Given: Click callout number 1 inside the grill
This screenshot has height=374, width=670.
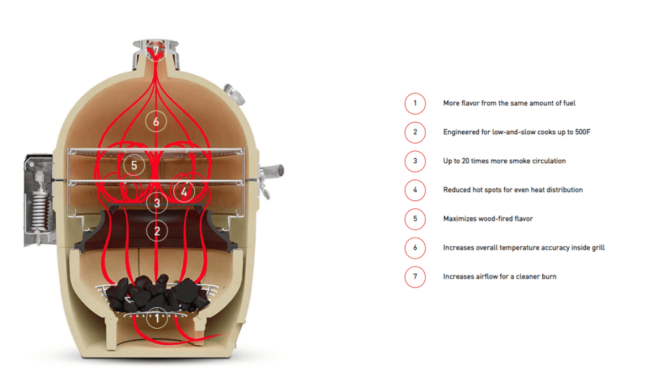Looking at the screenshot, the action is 157,318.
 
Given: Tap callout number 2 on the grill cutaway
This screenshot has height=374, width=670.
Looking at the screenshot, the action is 157,231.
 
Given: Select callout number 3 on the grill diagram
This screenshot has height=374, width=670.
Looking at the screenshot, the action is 157,203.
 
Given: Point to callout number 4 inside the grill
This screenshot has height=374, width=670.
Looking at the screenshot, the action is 184,192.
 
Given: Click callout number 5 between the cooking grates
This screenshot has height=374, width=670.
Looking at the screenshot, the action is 133,165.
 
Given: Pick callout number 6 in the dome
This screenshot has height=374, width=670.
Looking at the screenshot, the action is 156,122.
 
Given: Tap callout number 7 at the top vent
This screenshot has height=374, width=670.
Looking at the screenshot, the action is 156,50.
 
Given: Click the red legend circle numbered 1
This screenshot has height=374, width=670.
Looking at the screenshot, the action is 415,103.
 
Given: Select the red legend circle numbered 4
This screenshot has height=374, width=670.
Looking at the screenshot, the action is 415,190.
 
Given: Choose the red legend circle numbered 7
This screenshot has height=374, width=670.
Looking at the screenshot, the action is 415,276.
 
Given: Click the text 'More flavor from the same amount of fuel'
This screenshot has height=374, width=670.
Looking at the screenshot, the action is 509,103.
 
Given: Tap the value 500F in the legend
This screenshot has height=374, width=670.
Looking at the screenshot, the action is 582,132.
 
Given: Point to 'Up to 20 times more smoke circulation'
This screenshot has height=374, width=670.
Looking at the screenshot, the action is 504,161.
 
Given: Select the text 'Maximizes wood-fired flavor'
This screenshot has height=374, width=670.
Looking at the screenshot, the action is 487,219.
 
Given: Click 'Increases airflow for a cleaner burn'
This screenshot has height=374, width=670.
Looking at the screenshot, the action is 499,276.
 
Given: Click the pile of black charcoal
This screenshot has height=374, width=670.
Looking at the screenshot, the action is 157,293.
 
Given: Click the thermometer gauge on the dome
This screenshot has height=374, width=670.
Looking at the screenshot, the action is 234,94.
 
